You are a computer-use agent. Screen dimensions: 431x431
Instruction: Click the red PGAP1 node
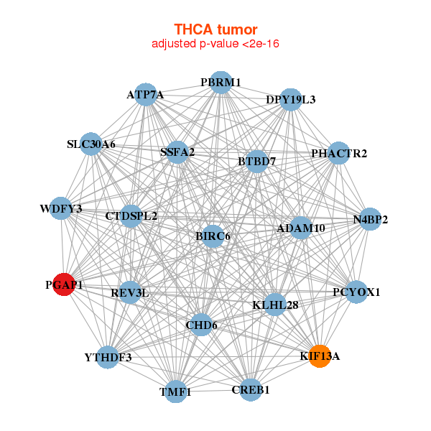pos(64,284)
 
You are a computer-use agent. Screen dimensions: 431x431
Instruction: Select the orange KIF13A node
pos(320,356)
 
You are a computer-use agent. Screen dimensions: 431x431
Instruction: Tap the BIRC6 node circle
pos(212,236)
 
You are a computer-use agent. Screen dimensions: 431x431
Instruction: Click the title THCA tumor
pos(215,29)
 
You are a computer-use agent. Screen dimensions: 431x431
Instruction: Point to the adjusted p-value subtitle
pos(215,44)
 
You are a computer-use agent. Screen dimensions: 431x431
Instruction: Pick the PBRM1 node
pos(221,83)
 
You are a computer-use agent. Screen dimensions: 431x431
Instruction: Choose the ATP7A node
pos(146,95)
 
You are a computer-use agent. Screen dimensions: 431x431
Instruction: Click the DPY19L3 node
pos(291,99)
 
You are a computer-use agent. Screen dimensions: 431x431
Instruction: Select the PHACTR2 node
pos(339,154)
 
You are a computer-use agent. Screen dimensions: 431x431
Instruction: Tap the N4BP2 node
pos(370,219)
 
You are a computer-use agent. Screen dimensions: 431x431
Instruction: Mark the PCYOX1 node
pos(356,292)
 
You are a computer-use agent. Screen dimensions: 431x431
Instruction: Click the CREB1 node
pos(251,389)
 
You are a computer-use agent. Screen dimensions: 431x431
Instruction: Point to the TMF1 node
pos(175,391)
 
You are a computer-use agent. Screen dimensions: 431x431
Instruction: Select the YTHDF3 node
pos(108,357)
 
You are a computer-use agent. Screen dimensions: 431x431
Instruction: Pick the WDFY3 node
pos(61,209)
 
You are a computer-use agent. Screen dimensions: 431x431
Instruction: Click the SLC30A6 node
pos(91,144)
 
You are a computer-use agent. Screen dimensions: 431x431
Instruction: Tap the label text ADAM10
pos(301,228)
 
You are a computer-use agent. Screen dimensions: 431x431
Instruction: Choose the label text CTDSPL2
pos(131,215)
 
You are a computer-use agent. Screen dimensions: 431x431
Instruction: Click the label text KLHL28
pos(275,305)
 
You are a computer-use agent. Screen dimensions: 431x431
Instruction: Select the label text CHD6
pos(201,325)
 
